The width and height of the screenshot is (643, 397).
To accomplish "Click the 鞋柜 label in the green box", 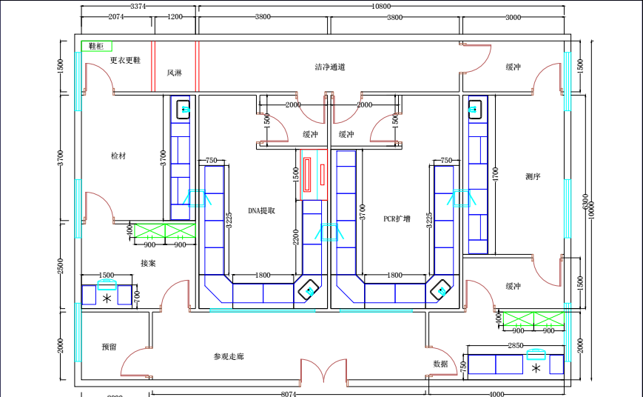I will click(x=96, y=46).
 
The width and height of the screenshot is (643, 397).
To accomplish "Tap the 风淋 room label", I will click(x=174, y=73).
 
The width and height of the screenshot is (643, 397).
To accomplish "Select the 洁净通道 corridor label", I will click(x=329, y=67).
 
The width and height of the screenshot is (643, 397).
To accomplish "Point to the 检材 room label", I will click(x=118, y=156).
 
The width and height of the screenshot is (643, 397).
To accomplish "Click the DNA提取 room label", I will click(x=261, y=210).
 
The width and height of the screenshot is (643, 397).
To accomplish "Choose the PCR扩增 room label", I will click(x=397, y=218).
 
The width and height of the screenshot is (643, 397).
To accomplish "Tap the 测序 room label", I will click(x=533, y=176).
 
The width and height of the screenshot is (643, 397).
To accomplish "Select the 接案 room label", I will click(x=148, y=263).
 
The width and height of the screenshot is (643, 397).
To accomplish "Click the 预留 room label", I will click(x=109, y=347).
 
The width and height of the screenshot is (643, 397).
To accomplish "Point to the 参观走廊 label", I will click(x=229, y=356).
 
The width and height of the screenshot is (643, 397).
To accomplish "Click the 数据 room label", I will click(x=440, y=364).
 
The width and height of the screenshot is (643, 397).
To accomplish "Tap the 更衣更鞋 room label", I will click(x=125, y=60).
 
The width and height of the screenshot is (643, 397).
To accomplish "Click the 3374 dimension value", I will click(x=138, y=6).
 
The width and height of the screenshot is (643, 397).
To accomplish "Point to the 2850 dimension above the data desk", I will click(x=516, y=346).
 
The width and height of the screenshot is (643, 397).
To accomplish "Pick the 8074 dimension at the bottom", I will click(x=289, y=394).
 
